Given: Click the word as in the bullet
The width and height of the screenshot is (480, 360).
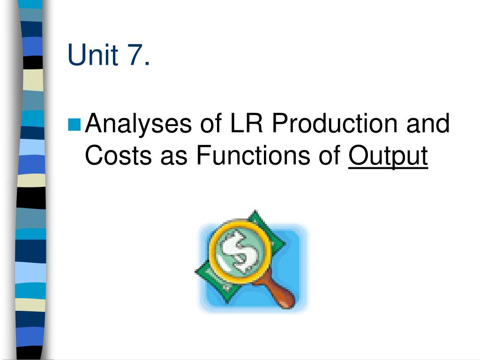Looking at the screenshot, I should click(x=174, y=156).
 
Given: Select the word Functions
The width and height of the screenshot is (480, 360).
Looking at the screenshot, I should click(x=253, y=156).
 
